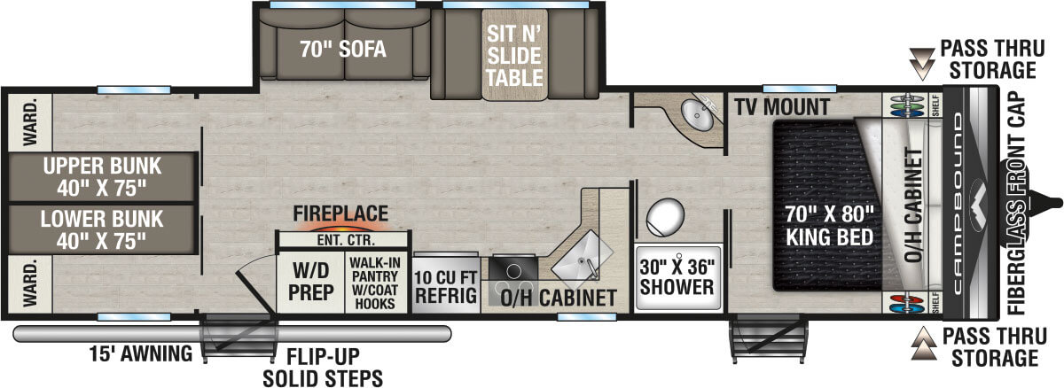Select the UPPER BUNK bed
tap(99, 176)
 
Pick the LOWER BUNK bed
tap(99, 229)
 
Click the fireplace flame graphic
tap(341, 225)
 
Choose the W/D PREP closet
tap(309, 282)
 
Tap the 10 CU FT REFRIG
tap(445, 284)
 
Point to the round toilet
tap(664, 214)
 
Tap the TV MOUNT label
tap(781, 108)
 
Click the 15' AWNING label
tap(141, 355)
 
